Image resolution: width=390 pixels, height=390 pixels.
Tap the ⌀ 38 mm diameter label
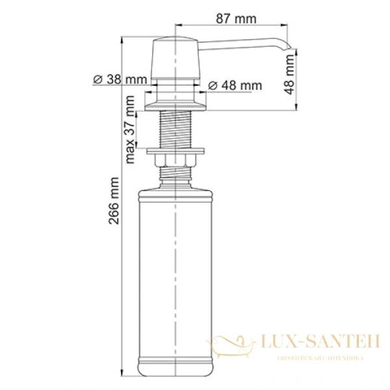point(120,80)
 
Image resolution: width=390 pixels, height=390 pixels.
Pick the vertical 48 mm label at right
point(291,74)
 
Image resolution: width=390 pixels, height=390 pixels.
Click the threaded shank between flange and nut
point(177,130)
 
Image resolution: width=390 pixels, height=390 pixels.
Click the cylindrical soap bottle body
point(177,273)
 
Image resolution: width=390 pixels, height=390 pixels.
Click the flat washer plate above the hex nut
point(177,152)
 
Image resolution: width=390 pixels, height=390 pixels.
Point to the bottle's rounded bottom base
point(177,371)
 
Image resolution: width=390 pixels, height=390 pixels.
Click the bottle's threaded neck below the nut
point(177,173)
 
